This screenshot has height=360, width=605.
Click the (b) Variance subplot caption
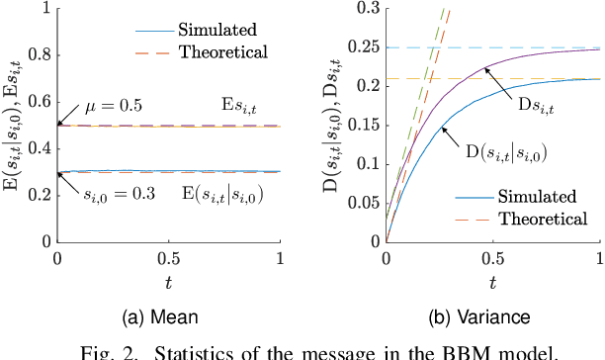click(x=492, y=318)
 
